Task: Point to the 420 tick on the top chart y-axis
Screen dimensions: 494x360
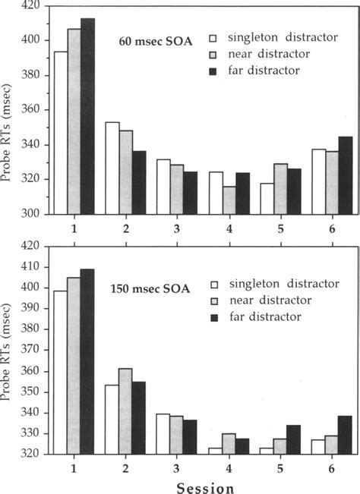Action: click(x=30, y=6)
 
